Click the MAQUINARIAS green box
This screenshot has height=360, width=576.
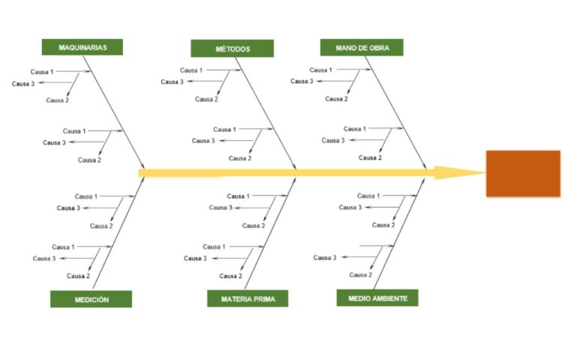[82, 47]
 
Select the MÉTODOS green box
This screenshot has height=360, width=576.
[232, 49]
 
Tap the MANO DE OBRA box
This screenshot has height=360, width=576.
[361, 47]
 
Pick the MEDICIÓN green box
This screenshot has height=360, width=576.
[91, 299]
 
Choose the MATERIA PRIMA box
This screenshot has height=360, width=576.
[247, 299]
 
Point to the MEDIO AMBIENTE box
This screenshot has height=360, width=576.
[377, 298]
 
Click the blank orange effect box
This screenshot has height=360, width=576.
[523, 173]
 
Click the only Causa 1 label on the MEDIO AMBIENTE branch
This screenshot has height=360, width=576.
[368, 196]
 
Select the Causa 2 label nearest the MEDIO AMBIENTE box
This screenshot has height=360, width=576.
[360, 275]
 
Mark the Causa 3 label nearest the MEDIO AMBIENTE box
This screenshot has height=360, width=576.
[325, 258]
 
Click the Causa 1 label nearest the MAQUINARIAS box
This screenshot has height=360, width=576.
[42, 72]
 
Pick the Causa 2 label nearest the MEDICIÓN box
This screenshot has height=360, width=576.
[78, 276]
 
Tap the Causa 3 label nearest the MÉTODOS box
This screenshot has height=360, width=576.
[172, 82]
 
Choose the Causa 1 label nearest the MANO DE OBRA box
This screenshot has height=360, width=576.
[321, 70]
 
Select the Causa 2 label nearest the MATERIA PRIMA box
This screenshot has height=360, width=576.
[230, 276]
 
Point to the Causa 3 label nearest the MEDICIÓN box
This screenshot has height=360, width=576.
[44, 259]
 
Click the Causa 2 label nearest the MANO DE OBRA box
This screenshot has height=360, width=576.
[336, 99]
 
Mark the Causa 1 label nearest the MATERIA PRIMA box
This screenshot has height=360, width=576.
[214, 247]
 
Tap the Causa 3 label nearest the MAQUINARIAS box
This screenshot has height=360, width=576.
[23, 84]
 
